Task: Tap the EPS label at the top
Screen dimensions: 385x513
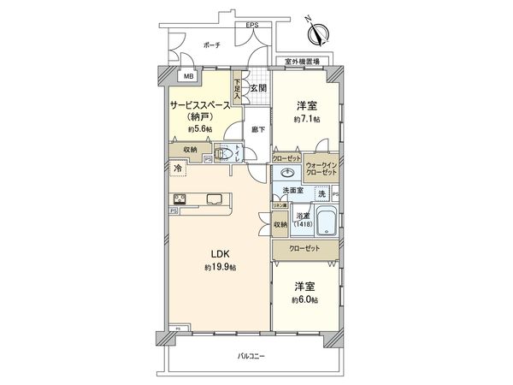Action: (252, 25)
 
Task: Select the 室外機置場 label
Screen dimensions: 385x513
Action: (303, 62)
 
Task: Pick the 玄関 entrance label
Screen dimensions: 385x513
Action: (258, 87)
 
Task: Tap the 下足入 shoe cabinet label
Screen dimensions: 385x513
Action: (238, 88)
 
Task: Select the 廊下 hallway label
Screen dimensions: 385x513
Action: (258, 129)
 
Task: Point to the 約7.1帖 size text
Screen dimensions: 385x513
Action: (306, 120)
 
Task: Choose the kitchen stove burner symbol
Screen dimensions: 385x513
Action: (180, 199)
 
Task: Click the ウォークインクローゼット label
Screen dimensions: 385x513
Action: (321, 169)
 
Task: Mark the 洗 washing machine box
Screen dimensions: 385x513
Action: (321, 195)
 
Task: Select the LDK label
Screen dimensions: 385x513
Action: (221, 253)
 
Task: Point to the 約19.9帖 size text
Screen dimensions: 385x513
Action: (221, 267)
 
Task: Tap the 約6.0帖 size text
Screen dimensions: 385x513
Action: (306, 299)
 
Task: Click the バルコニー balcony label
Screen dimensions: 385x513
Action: (251, 356)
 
